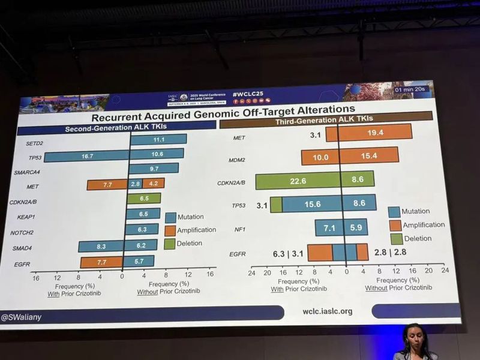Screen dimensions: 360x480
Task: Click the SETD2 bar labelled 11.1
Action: (x=158, y=139)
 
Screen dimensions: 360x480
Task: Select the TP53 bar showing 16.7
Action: (x=86, y=155)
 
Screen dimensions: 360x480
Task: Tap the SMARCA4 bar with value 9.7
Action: (x=154, y=169)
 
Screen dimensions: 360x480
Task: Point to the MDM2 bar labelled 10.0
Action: (x=320, y=156)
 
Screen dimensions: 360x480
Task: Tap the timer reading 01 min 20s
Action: (x=410, y=90)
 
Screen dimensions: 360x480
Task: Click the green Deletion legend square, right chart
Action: (x=395, y=238)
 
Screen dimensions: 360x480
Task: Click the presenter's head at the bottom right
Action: (x=414, y=335)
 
